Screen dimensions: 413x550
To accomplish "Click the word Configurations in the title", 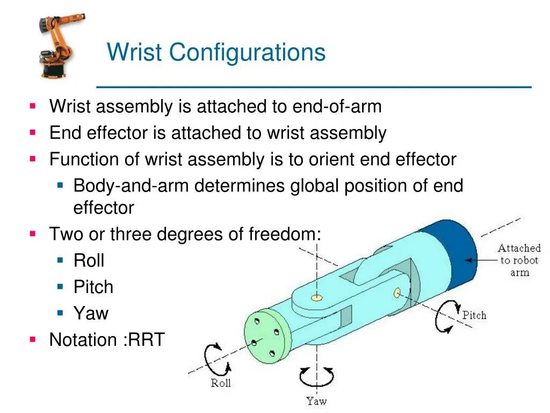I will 247,53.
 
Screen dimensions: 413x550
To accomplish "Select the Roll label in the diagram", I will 220,383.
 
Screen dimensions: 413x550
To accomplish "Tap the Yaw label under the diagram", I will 316,401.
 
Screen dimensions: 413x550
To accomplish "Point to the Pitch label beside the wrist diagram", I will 474,315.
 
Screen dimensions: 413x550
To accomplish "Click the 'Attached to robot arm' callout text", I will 518,260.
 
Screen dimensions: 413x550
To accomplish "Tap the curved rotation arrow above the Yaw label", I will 316,376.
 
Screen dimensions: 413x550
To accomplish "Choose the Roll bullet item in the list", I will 89,261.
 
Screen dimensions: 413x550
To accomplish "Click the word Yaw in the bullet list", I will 91,314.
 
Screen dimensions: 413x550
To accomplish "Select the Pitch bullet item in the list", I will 93,287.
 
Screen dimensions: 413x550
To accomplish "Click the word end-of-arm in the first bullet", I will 337,106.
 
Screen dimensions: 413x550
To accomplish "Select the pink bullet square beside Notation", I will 33,339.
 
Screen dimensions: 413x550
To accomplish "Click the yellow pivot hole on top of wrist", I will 317,297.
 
